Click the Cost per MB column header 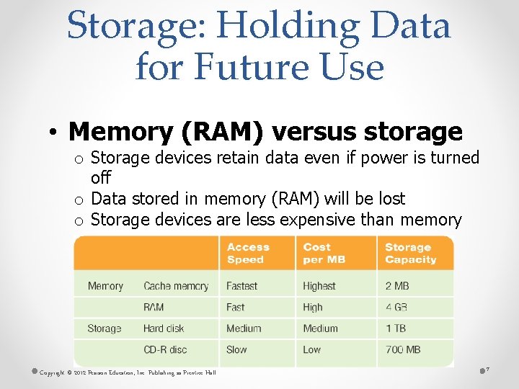(324, 253)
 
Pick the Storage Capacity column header (410, 253)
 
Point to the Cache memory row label (176, 286)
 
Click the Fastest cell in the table (241, 286)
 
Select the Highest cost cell (319, 286)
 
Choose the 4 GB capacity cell (396, 307)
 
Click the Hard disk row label (164, 328)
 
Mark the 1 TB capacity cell (395, 328)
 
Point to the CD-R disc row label (165, 349)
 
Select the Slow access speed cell (236, 349)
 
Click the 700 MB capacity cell (403, 349)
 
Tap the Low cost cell (312, 349)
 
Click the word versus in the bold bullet (311, 132)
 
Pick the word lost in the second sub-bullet (391, 199)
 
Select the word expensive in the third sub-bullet (317, 219)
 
